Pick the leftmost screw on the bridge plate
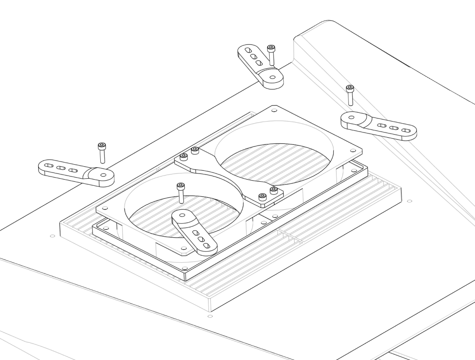(184, 157)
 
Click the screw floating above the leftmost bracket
(102, 152)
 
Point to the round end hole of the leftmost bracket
(103, 175)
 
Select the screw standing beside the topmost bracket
(271, 55)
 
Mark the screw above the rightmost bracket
(350, 95)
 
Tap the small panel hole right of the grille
(409, 201)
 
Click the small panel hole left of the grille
(53, 236)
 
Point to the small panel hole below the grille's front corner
(210, 316)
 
